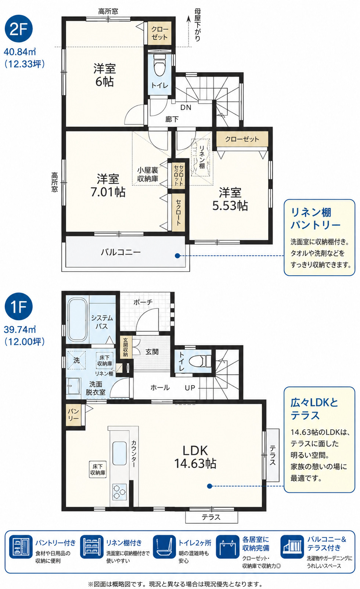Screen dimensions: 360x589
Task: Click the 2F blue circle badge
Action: coord(18,29)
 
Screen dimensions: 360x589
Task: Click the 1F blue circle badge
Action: coord(18,306)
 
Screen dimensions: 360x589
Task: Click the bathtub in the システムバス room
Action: coord(77,320)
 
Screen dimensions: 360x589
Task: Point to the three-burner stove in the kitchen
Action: coord(120,491)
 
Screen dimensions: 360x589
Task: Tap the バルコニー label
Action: coord(121,252)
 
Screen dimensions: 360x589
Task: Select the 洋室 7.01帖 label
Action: coord(108,185)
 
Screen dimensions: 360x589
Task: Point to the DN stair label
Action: coord(186,107)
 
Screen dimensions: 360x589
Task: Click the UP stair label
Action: coord(190,387)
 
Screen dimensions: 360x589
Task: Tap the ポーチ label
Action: coord(143,302)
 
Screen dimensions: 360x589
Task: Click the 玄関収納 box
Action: coord(125,347)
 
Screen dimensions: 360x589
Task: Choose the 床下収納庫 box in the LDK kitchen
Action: coord(98,469)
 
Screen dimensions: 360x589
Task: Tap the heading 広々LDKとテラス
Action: coord(314,409)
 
